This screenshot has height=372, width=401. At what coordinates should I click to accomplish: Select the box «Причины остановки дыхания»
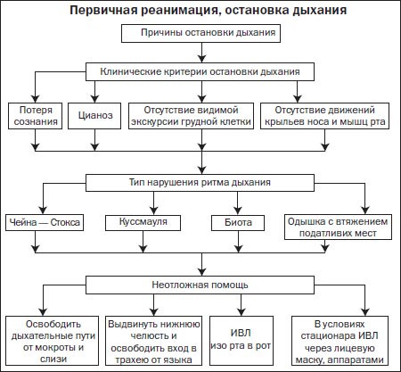[x=200, y=33]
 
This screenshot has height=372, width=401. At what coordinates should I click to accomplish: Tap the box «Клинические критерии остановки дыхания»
[x=200, y=71]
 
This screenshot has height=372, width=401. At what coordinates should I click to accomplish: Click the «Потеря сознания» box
[x=36, y=116]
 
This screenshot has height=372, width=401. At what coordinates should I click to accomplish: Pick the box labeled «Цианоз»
[x=94, y=116]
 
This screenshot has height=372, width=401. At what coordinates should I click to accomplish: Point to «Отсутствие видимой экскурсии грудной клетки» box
[x=191, y=116]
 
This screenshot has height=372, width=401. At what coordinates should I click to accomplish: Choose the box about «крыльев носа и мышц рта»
[x=324, y=116]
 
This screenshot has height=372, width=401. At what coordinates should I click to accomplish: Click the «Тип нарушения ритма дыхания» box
[x=200, y=183]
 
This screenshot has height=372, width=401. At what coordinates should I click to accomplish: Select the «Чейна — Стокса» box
[x=45, y=222]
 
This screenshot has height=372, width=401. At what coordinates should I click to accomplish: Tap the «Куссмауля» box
[x=143, y=222]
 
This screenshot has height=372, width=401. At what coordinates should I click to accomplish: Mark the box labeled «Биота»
[x=238, y=222]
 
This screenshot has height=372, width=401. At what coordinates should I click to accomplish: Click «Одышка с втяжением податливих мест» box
[x=338, y=227]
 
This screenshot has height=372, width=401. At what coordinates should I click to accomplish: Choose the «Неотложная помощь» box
[x=200, y=285]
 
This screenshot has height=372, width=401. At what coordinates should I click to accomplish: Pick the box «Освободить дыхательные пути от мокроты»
[x=52, y=341]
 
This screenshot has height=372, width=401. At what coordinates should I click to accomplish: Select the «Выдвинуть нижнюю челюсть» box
[x=153, y=341]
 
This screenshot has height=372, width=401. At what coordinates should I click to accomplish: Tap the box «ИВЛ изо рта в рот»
[x=241, y=341]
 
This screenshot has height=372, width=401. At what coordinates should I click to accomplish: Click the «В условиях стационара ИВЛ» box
[x=340, y=341]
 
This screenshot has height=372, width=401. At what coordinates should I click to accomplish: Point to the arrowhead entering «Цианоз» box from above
[x=94, y=99]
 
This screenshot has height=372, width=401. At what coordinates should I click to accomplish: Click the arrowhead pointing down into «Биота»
[x=238, y=210]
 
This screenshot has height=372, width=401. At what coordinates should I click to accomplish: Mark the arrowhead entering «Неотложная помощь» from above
[x=202, y=271]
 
